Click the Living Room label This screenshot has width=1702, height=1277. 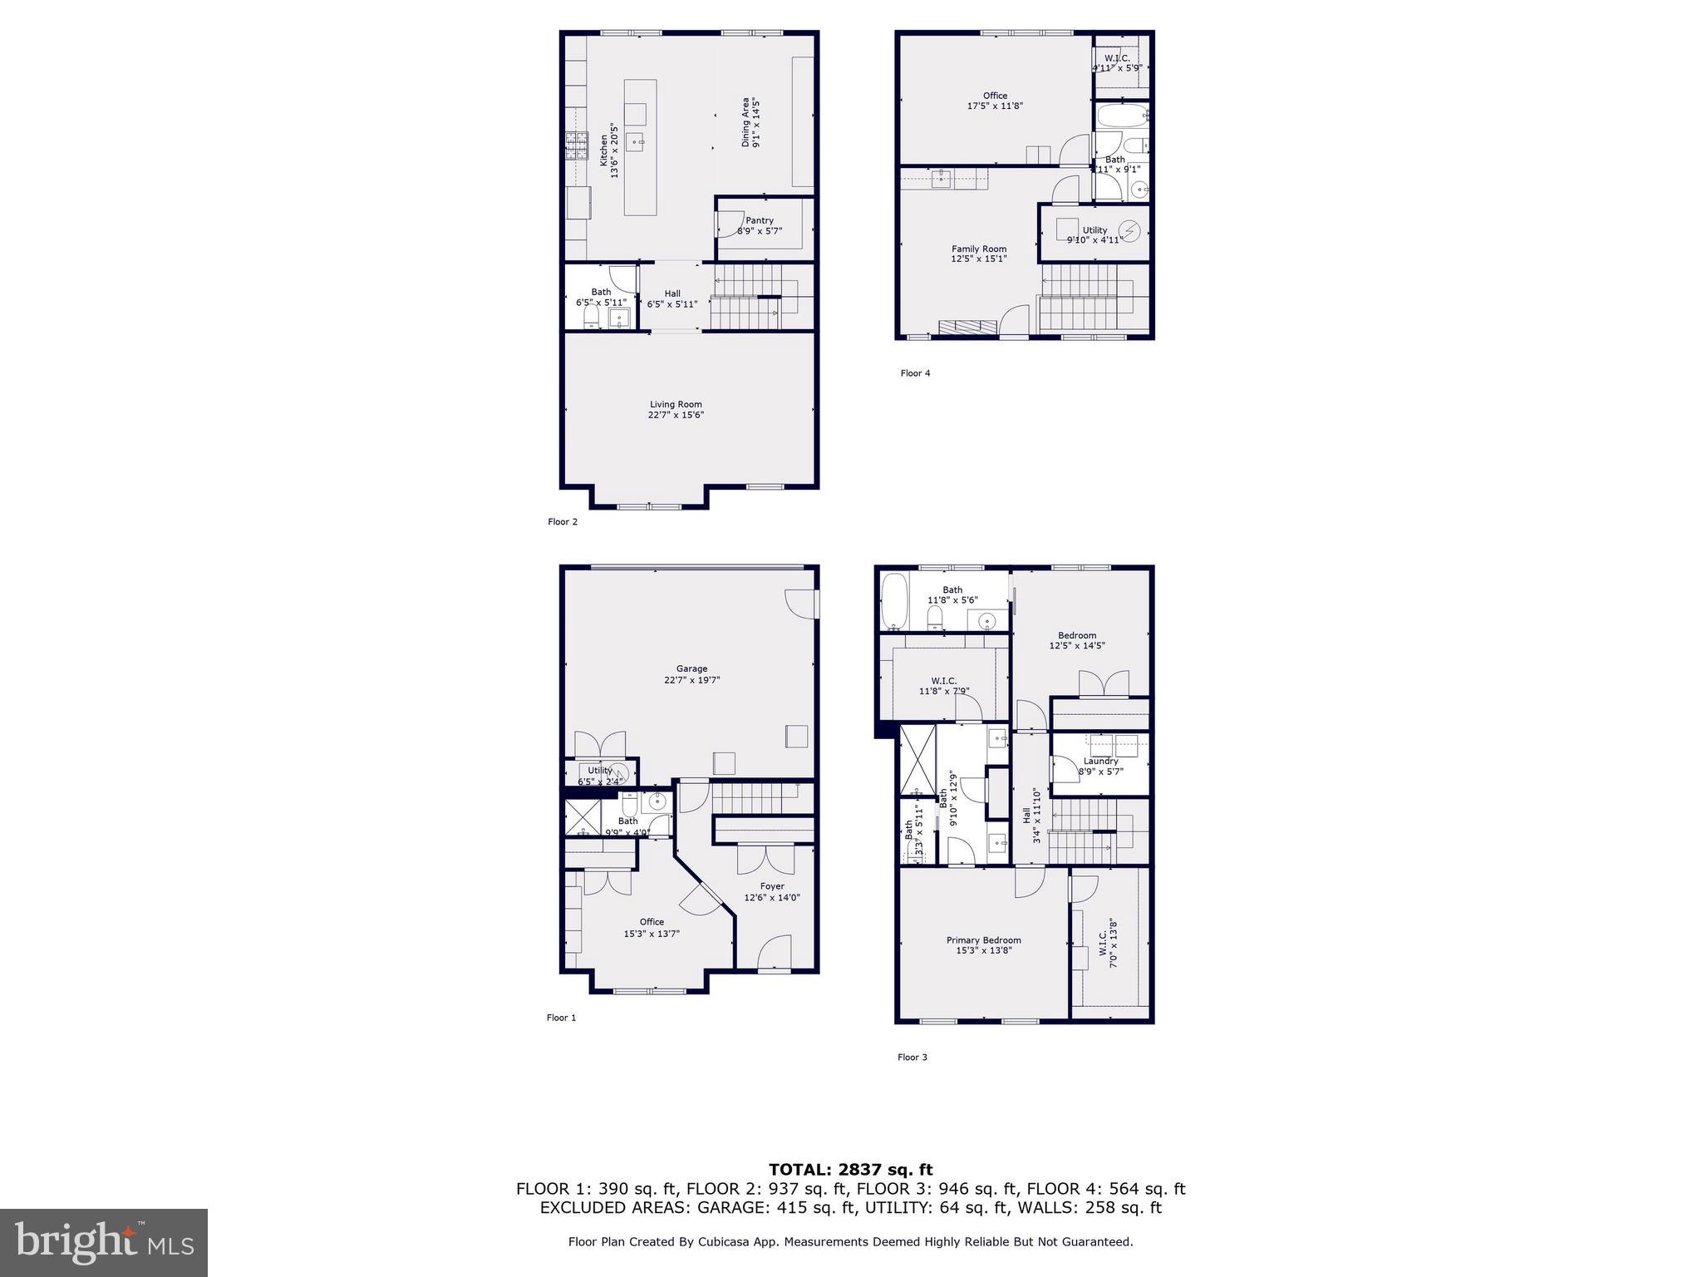676,405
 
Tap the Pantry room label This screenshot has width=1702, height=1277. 760,220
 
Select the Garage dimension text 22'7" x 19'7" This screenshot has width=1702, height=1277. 691,680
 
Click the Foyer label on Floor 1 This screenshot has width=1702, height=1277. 772,886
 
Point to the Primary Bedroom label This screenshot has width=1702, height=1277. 983,940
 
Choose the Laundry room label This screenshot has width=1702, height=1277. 1101,761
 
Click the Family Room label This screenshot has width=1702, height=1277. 979,249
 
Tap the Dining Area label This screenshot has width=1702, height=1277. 745,122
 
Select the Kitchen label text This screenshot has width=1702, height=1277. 604,150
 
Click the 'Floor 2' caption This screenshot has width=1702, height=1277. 563,522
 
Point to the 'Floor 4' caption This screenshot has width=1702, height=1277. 915,373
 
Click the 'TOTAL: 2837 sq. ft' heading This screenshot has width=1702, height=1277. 850,1171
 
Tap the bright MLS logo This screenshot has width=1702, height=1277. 104,1242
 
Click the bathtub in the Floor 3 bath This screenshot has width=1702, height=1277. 894,601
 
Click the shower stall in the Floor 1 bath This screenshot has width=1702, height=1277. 583,816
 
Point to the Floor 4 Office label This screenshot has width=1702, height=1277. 995,96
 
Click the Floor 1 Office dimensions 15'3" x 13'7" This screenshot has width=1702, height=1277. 652,934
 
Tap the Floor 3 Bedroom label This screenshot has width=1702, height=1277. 1077,635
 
